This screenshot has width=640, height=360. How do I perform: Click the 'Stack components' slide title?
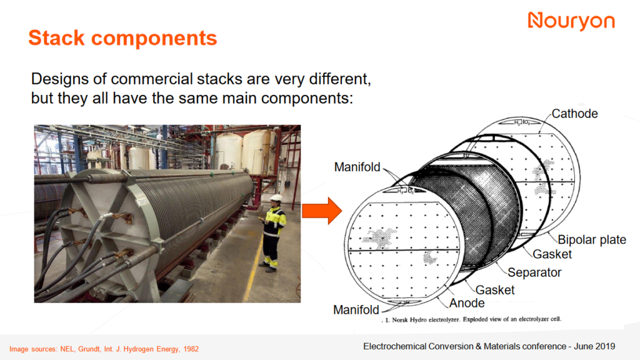click(122, 38)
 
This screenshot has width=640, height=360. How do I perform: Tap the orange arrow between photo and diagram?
click(321, 212)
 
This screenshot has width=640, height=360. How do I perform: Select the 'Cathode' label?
click(574, 114)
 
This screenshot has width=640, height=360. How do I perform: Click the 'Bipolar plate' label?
click(591, 240)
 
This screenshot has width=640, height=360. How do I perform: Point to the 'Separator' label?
click(534, 272)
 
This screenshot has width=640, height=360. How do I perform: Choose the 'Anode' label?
click(467, 303)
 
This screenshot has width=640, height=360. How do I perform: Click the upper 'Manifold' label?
click(357, 167)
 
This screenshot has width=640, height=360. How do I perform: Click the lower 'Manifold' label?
click(356, 310)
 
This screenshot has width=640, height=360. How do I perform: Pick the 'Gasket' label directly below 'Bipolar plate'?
click(552, 254)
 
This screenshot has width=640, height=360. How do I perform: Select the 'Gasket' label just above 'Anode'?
click(495, 290)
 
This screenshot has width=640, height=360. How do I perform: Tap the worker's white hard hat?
click(276, 197)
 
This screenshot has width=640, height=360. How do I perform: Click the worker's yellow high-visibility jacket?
click(274, 221)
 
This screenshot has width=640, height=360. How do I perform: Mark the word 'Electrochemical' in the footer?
click(396, 346)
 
